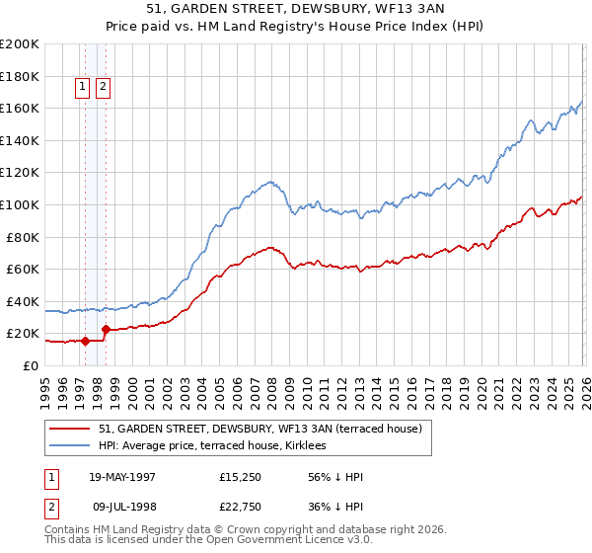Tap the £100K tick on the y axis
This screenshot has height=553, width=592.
pos(19,204)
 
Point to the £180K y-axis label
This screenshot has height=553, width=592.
pos(19,76)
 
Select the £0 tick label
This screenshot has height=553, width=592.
pos(30,365)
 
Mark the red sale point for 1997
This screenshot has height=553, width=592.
pos(85,342)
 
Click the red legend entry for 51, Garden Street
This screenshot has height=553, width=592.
pos(260,429)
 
